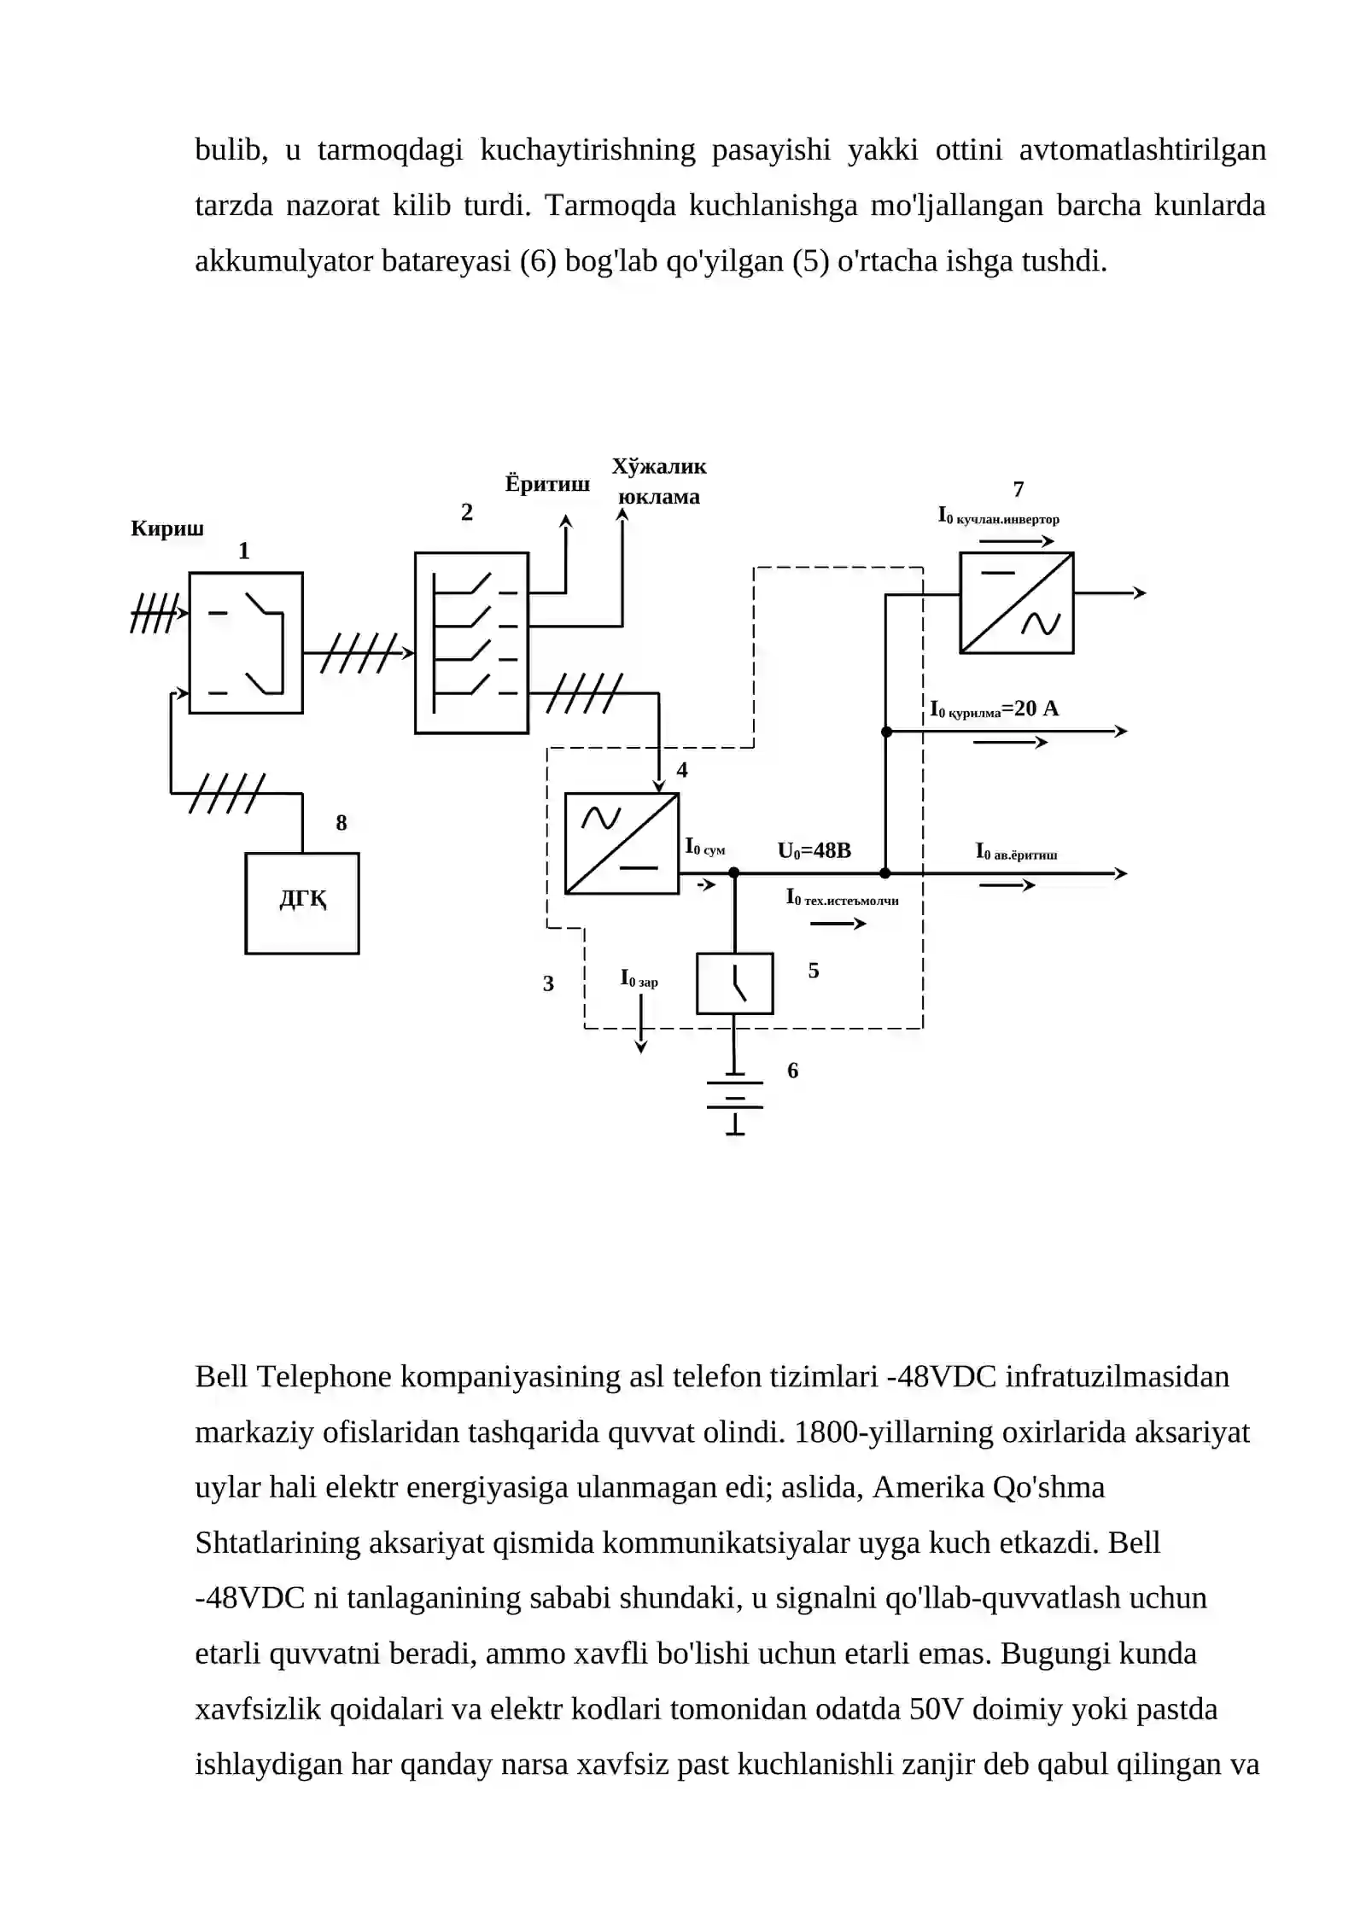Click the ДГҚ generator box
point(301,902)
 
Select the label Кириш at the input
point(167,528)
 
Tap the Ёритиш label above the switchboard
point(547,484)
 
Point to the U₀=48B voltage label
point(814,850)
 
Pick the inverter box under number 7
point(1016,603)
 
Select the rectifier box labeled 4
point(622,843)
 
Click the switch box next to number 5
point(735,983)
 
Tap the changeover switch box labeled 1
point(246,642)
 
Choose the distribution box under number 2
point(471,643)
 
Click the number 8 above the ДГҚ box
point(341,823)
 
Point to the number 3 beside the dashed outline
point(548,983)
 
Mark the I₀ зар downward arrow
point(640,1023)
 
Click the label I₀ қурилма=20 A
point(994,709)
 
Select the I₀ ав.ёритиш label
point(1016,852)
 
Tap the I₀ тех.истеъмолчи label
point(842,898)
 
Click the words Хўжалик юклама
point(659,481)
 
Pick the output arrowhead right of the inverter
point(1140,592)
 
